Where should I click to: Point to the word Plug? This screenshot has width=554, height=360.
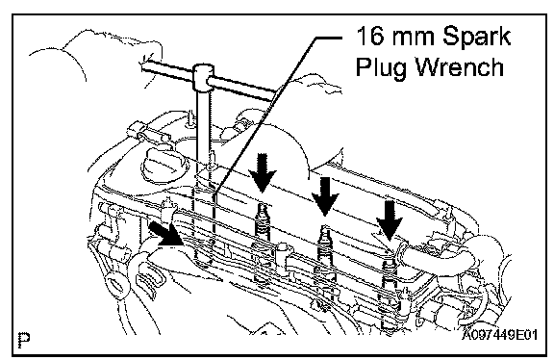pos(381,68)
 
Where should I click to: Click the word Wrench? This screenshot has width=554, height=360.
pos(460,66)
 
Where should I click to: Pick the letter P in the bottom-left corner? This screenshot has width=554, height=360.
pos(24,340)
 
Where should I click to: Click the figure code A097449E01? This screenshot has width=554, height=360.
pos(500,334)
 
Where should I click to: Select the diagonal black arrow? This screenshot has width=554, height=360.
pos(166,234)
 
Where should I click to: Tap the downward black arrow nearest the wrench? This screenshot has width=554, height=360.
pos(262,173)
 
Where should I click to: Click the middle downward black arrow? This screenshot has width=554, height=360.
pos(325,196)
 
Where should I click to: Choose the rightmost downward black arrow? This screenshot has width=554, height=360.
pos(390,221)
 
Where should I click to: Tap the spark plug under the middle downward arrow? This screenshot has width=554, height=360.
pos(324,247)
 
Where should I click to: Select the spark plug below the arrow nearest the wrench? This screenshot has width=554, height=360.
pos(262,226)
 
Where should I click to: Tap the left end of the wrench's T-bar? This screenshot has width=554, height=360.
pos(144,64)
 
